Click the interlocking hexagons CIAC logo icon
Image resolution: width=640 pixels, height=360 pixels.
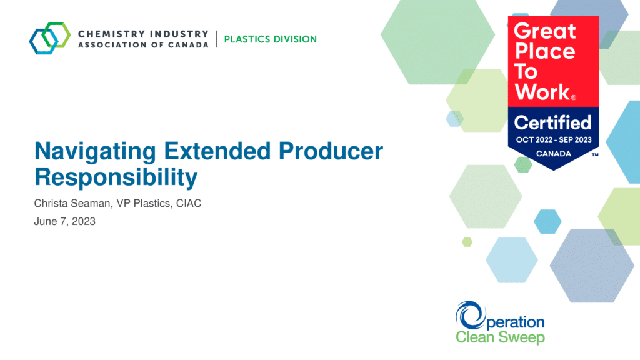pyautogui.click(x=50, y=38)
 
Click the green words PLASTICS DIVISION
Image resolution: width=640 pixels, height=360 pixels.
pyautogui.click(x=270, y=39)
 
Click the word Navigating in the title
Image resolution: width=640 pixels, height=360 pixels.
pyautogui.click(x=95, y=152)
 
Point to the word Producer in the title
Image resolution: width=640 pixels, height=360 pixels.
pyautogui.click(x=331, y=151)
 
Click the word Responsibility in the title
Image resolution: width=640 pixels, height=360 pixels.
pyautogui.click(x=116, y=177)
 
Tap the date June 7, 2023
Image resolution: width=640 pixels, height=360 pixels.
pyautogui.click(x=64, y=221)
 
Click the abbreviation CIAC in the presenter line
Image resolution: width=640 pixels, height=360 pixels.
pyautogui.click(x=189, y=203)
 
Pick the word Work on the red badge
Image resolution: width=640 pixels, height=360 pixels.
pyautogui.click(x=543, y=92)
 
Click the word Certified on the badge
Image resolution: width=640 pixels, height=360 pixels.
pyautogui.click(x=552, y=122)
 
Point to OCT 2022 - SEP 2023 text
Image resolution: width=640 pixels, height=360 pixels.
pyautogui.click(x=554, y=139)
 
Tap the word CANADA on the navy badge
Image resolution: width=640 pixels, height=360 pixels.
pyautogui.click(x=554, y=154)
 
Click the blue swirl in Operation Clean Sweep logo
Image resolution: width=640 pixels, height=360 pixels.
pyautogui.click(x=469, y=315)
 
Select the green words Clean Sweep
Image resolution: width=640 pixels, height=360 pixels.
pyautogui.click(x=500, y=337)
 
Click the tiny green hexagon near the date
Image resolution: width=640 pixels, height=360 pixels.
pyautogui.click(x=467, y=242)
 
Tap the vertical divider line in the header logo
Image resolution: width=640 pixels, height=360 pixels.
pyautogui.click(x=216, y=39)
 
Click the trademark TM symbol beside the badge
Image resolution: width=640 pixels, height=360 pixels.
pyautogui.click(x=595, y=155)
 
